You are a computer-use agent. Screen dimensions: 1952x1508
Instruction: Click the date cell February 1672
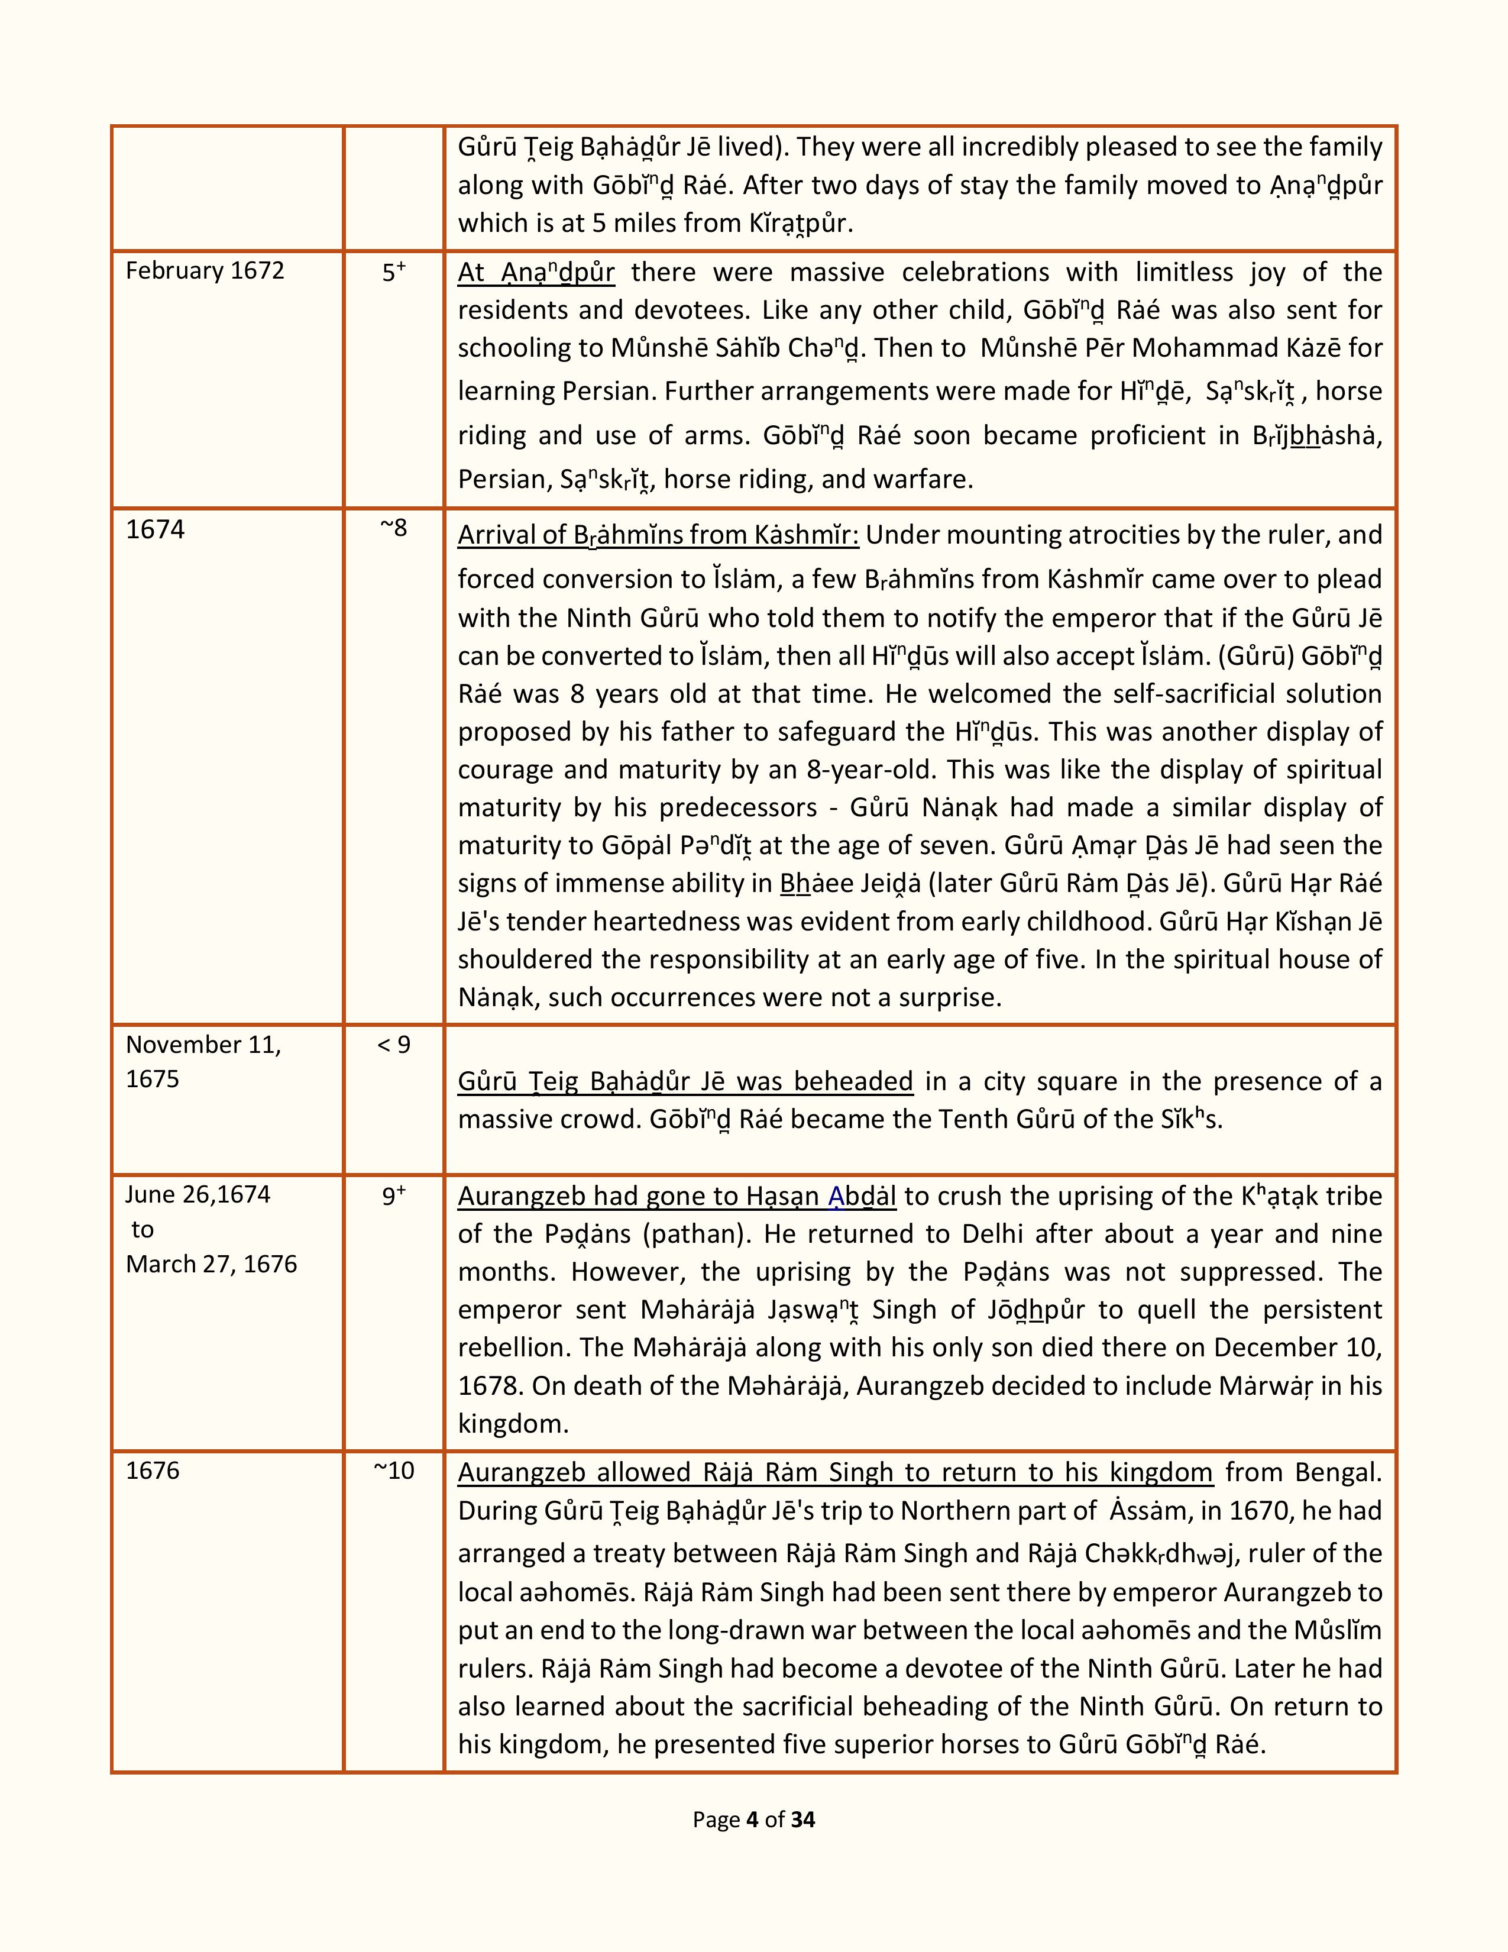click(205, 271)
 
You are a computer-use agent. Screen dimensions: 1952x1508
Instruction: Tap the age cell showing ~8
click(394, 528)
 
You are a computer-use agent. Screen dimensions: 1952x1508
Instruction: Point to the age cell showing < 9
click(394, 1044)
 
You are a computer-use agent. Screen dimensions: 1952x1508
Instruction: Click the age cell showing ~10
click(394, 1471)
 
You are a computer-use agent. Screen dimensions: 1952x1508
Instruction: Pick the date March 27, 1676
click(211, 1264)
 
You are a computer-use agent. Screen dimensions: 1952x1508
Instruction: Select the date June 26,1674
click(198, 1194)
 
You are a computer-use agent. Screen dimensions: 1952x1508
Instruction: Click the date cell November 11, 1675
click(203, 1061)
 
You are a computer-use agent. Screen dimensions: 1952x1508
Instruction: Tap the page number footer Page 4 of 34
click(753, 1820)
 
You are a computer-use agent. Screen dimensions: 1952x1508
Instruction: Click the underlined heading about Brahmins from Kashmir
click(658, 535)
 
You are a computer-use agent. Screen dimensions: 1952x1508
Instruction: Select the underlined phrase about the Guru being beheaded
click(685, 1081)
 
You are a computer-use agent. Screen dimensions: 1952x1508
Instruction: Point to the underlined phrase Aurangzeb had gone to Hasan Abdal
click(677, 1196)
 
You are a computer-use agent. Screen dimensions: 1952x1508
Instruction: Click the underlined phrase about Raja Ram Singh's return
click(835, 1472)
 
